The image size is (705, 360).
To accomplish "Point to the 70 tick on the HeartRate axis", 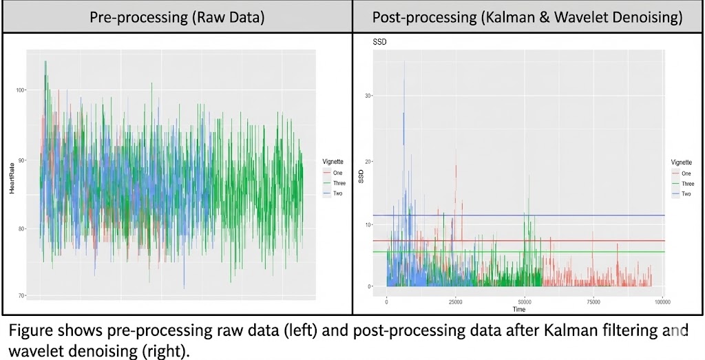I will (20, 296).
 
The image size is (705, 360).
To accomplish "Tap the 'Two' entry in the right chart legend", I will (686, 194).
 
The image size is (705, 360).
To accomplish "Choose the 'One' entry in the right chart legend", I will (686, 173).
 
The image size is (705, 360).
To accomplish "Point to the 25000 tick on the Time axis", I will (455, 301).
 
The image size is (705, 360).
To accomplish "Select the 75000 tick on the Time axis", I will (593, 301).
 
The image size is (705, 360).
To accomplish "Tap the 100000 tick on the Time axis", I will (662, 301).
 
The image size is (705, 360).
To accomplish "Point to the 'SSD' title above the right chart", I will (380, 43).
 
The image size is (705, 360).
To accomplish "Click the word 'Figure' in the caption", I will (28, 330).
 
